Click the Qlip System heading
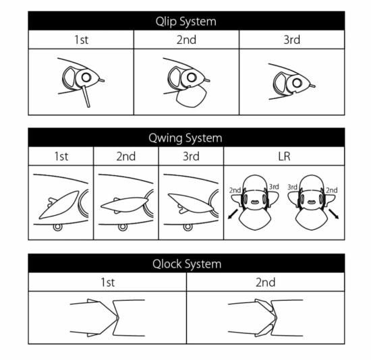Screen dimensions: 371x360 point(186,22)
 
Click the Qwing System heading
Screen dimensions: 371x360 point(185,138)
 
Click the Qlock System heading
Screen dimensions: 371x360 point(187,264)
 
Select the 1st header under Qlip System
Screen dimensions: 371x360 point(81,40)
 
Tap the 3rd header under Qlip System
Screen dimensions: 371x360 point(291,40)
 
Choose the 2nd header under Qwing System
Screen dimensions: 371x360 point(126,156)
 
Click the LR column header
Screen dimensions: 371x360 point(284,156)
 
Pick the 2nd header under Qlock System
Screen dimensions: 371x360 point(266,282)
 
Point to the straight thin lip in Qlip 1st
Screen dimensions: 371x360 point(86,96)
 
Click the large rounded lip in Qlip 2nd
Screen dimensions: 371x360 point(191,96)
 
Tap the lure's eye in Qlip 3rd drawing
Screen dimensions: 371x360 point(297,83)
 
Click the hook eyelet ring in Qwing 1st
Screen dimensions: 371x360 point(58,227)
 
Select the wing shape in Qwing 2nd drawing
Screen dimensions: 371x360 point(125,204)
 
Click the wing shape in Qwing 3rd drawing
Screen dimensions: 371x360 point(190,203)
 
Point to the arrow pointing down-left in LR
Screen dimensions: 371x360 point(233,214)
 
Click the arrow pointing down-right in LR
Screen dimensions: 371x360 point(334,214)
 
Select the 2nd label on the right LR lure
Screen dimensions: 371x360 point(332,190)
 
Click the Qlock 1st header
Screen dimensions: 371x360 point(108,282)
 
